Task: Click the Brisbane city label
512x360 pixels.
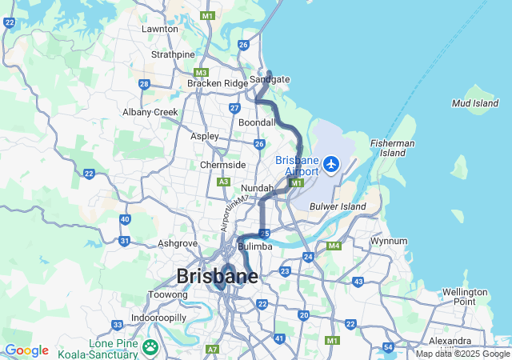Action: pos(217,277)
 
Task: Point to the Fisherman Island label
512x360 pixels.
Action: pos(392,147)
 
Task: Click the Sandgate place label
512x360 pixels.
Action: pos(270,79)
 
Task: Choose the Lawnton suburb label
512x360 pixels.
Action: pos(159,29)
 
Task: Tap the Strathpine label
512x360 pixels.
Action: pos(173,54)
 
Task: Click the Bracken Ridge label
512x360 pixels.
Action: pos(218,83)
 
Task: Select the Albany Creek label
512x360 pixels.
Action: pos(150,112)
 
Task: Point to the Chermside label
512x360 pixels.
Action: pos(222,165)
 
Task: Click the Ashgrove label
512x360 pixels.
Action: pos(178,242)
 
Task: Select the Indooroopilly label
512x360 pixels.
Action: pos(158,318)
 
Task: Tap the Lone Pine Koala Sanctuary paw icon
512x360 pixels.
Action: pos(150,347)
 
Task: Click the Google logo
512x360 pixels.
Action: pos(26,350)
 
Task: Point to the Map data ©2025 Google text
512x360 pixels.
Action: pos(462,354)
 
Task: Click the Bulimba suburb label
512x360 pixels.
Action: pos(256,247)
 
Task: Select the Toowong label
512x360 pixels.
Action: pos(167,294)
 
